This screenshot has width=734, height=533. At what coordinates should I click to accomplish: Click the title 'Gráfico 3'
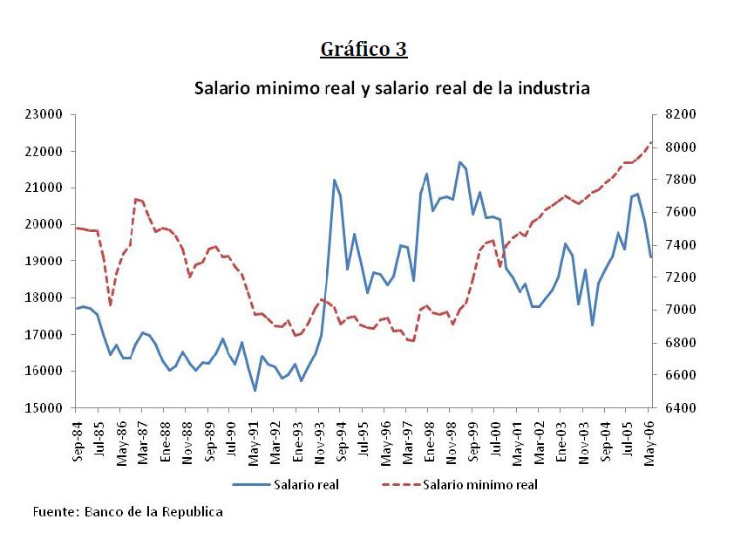point(364,49)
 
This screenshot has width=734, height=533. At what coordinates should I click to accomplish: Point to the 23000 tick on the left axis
point(44,114)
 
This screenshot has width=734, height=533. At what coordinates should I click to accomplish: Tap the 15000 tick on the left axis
point(44,407)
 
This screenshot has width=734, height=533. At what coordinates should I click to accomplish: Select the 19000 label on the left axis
point(44,261)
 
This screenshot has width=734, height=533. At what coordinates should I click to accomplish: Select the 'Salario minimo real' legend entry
point(479,483)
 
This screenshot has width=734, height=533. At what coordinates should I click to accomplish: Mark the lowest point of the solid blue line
point(255,391)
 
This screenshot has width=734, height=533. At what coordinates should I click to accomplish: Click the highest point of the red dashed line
point(650,142)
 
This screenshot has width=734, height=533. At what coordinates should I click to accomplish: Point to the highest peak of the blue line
point(459,162)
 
